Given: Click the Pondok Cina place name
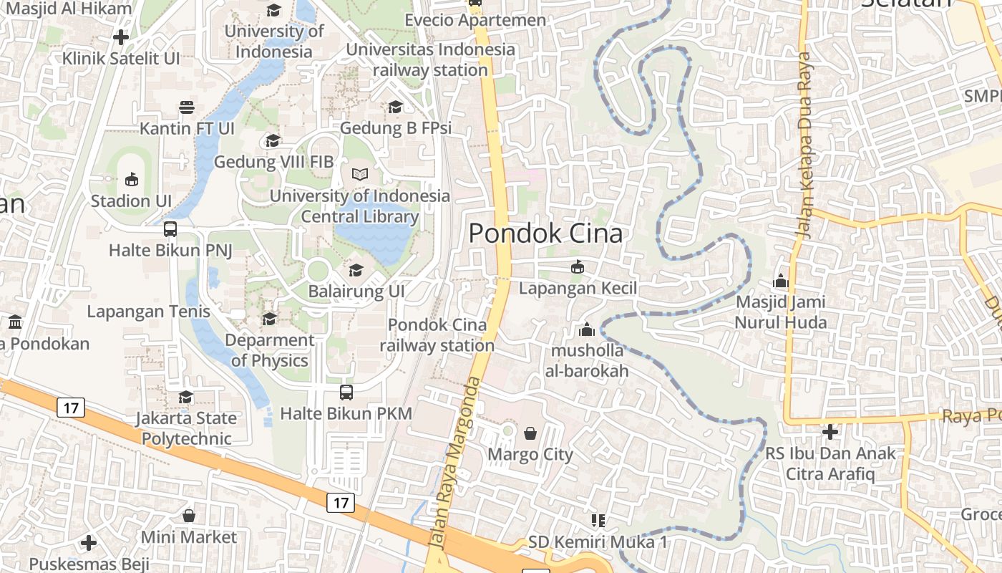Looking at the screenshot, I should pos(545,233).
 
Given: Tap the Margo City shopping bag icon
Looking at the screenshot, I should pos(530,433).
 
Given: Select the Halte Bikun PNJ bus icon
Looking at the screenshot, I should pos(170,229).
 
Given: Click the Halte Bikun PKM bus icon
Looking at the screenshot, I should pos(346,393).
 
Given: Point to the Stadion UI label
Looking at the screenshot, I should pos(131,201).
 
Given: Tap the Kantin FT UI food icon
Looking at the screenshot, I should pos(187,107).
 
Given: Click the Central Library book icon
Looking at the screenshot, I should pos(360,175).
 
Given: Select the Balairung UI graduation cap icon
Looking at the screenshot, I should pos(356,270).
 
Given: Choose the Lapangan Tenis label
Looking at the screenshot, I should pos(149,312).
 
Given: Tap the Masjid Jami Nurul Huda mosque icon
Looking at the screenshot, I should pos(781,281).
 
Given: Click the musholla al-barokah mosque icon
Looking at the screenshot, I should pos(587,330).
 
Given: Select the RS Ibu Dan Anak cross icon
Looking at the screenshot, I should pos(830,432).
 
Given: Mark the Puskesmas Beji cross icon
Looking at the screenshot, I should pos(89,543).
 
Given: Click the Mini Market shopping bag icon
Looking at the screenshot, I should pos(189,516).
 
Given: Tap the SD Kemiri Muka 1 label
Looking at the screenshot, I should pos(598,542).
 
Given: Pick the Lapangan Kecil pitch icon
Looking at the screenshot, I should pos(578,267).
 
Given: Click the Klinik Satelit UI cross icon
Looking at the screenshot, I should pos(121,37).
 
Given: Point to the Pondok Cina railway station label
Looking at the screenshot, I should pos(437,335).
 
